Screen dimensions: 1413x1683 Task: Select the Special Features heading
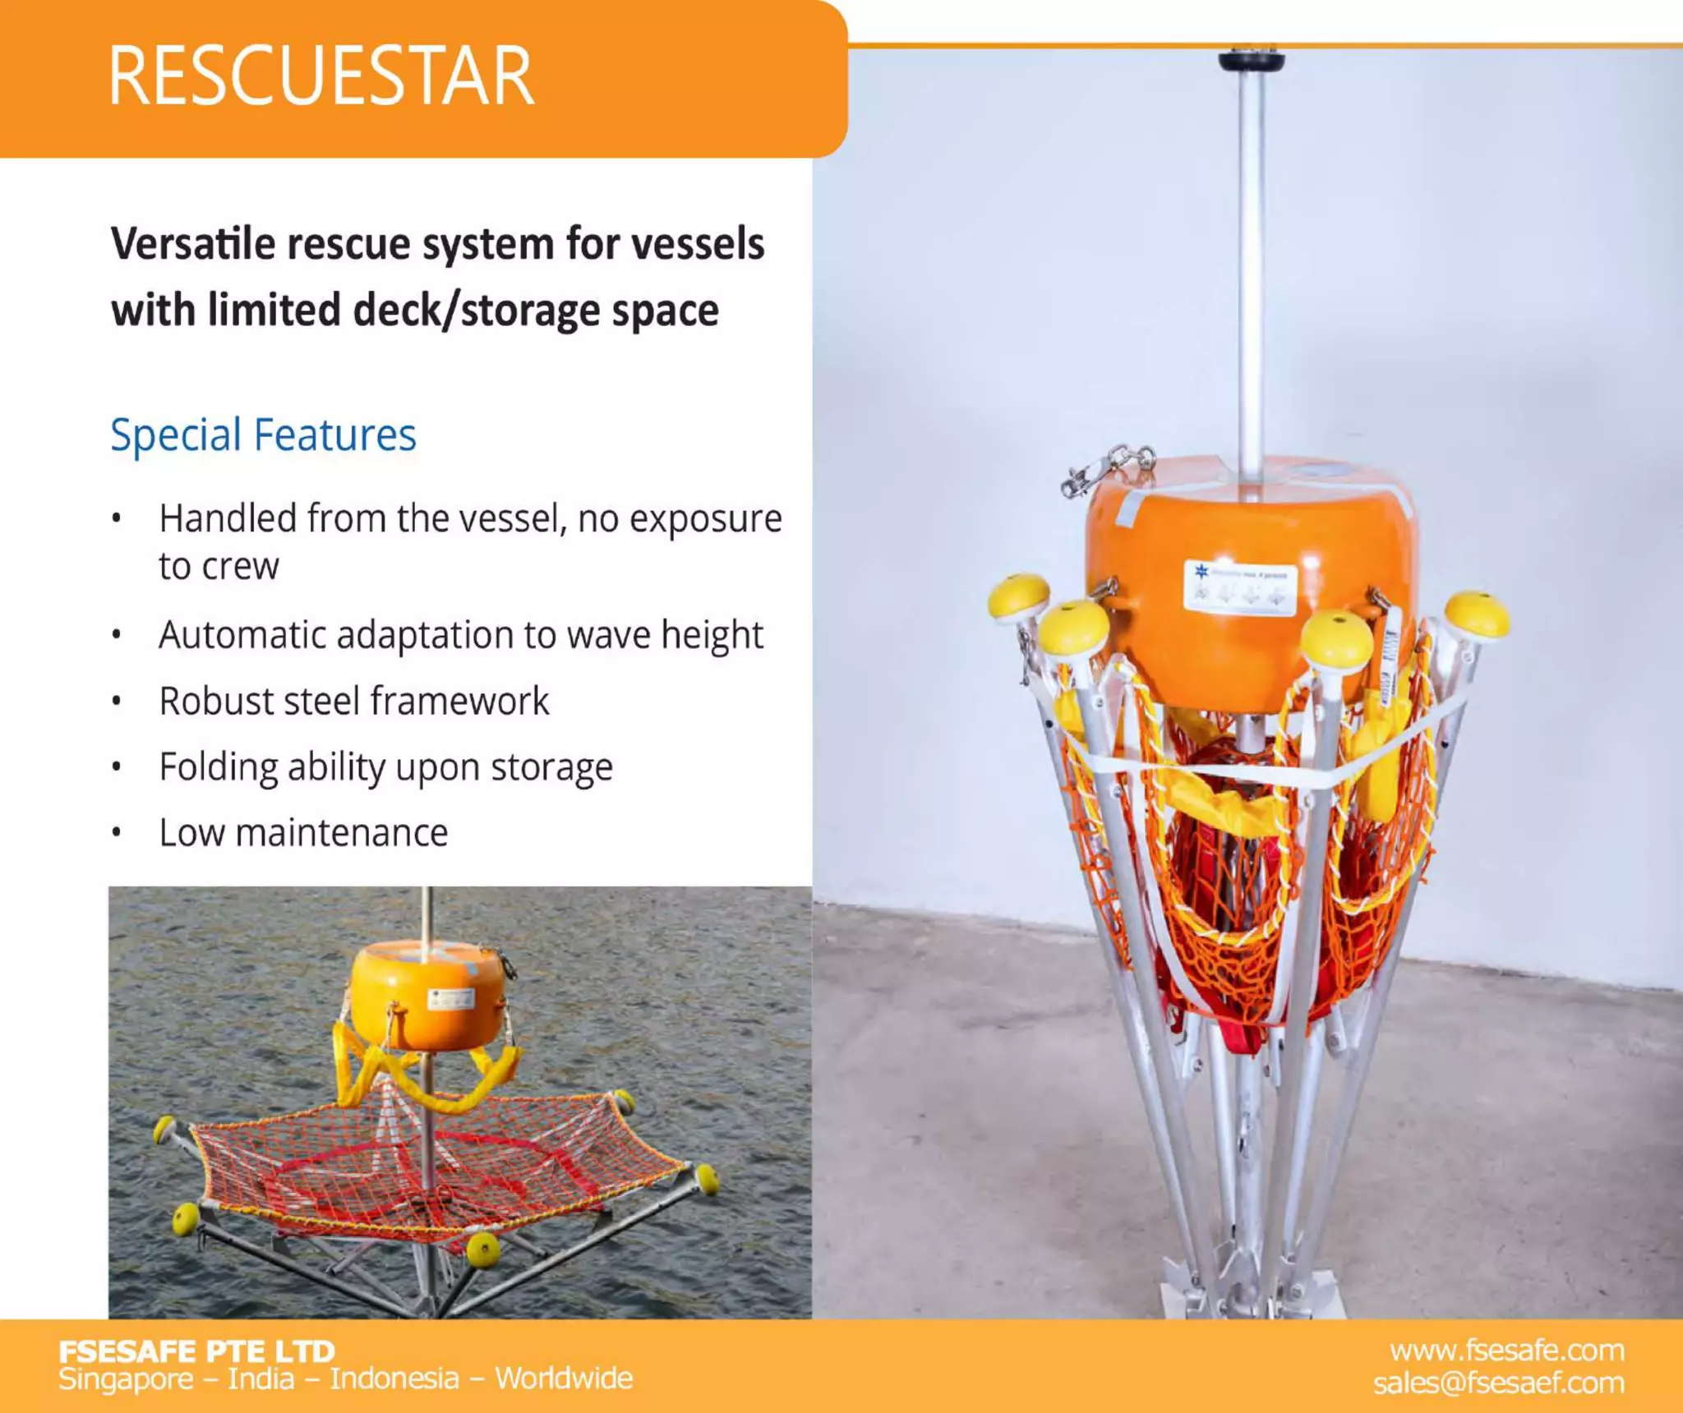tap(263, 435)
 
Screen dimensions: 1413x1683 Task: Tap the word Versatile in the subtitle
tap(192, 244)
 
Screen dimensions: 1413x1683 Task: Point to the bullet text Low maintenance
tap(303, 832)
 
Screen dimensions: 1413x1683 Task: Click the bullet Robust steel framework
tap(353, 701)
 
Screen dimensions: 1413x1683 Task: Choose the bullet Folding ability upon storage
tap(385, 766)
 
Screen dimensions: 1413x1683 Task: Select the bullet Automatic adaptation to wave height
tap(460, 635)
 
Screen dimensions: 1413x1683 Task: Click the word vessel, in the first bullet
tap(506, 518)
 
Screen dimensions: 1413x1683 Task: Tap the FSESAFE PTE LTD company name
tap(197, 1351)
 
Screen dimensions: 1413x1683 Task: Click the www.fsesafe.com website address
tap(1506, 1351)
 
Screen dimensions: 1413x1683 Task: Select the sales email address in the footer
tap(1498, 1383)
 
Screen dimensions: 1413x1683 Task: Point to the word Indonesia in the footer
tap(394, 1378)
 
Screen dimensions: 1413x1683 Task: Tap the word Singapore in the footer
tap(125, 1378)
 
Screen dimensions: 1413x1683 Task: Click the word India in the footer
tap(261, 1378)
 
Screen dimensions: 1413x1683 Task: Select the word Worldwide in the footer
tap(564, 1378)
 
